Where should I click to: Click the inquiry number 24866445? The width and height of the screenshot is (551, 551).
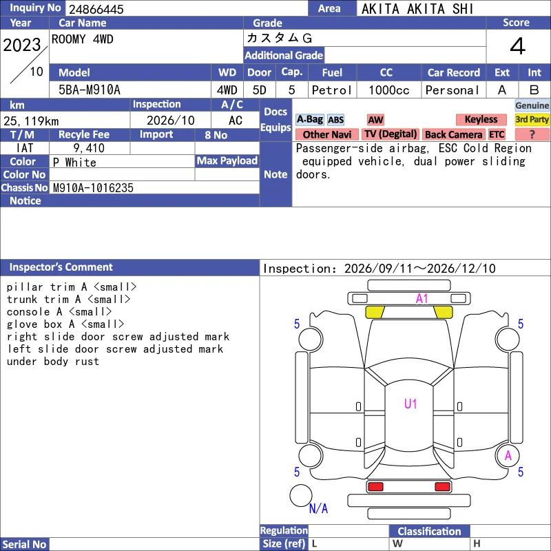[x=96, y=9]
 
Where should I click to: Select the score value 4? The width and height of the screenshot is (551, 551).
[x=518, y=46]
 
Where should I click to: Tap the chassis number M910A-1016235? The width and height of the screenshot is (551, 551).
[x=93, y=188]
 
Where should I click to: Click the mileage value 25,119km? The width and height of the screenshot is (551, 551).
[x=31, y=121]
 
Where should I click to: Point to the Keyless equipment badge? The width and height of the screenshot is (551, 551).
[x=481, y=119]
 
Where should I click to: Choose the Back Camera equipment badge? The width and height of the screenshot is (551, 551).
[x=453, y=134]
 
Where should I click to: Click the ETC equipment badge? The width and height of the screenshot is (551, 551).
[x=497, y=134]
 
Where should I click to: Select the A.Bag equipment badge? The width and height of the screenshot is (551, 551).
[x=309, y=119]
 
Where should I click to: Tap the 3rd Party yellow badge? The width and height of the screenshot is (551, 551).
[x=532, y=119]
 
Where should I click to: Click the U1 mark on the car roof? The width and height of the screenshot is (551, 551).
[x=410, y=404]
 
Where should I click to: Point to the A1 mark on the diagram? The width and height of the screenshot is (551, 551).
[x=422, y=299]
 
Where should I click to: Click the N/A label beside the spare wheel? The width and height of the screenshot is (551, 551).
[x=318, y=508]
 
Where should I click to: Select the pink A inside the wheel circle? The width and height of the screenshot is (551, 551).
[x=508, y=456]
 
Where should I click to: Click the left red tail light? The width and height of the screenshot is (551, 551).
[x=375, y=487]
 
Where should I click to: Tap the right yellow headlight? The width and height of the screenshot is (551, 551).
[x=444, y=312]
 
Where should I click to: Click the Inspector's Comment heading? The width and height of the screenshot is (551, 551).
[x=61, y=267]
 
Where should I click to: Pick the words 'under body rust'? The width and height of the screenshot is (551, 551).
[x=53, y=362]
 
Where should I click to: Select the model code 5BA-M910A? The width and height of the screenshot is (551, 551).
[x=90, y=90]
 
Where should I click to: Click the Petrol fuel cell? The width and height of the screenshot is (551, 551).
[x=332, y=90]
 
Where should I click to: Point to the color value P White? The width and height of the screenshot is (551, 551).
[x=74, y=163]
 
